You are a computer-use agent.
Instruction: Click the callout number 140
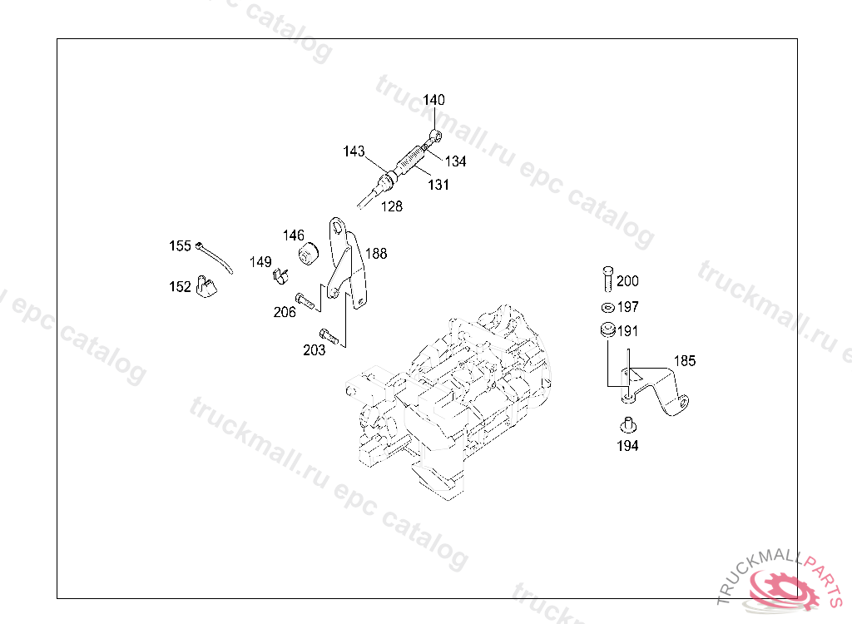(433, 101)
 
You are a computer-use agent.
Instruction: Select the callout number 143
(354, 151)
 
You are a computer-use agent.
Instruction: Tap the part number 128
(391, 206)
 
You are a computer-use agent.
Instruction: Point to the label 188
(376, 254)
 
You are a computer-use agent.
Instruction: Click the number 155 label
(180, 245)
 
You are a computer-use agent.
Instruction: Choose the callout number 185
(685, 361)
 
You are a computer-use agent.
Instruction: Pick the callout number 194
(627, 446)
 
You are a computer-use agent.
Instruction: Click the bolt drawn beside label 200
(607, 278)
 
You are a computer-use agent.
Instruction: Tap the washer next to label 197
(607, 307)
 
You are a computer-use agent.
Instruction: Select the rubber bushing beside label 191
(607, 330)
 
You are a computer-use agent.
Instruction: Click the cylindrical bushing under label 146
(310, 252)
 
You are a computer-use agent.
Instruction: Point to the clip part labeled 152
(206, 286)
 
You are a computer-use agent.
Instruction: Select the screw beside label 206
(306, 300)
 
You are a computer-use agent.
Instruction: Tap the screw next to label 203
(331, 337)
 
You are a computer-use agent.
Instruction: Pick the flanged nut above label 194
(627, 425)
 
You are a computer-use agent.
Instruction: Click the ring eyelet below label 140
(435, 135)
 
